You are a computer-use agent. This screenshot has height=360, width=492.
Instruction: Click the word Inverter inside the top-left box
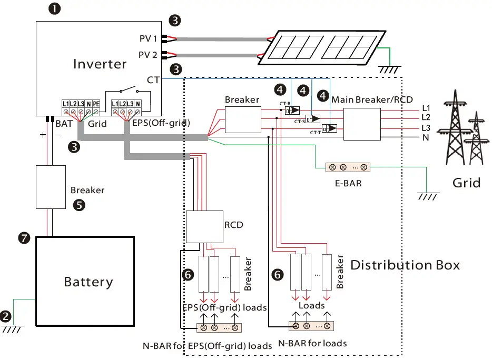pyautogui.click(x=100, y=64)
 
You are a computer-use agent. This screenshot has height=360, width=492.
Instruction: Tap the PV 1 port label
pyautogui.click(x=147, y=38)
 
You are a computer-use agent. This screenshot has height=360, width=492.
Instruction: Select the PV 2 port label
pyautogui.click(x=147, y=54)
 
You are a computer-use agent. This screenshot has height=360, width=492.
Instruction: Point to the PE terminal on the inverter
pyautogui.click(x=96, y=104)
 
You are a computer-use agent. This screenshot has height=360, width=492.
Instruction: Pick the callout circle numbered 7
pyautogui.click(x=23, y=237)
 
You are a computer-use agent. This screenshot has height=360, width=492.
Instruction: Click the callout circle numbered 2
pyautogui.click(x=6, y=316)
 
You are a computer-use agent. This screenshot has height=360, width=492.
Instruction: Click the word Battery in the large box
pyautogui.click(x=88, y=282)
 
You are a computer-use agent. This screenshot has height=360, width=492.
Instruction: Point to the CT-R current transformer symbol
pyautogui.click(x=292, y=111)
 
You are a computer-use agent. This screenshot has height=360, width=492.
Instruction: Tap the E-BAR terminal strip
pyautogui.click(x=348, y=167)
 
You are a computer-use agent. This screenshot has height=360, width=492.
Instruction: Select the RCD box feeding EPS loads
pyautogui.click(x=204, y=227)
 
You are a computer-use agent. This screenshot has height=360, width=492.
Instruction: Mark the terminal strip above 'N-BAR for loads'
pyautogui.click(x=311, y=326)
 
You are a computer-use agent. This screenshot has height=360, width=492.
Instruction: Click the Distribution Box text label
pyautogui.click(x=405, y=265)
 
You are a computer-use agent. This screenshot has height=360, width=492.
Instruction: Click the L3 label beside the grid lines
pyautogui.click(x=426, y=128)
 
